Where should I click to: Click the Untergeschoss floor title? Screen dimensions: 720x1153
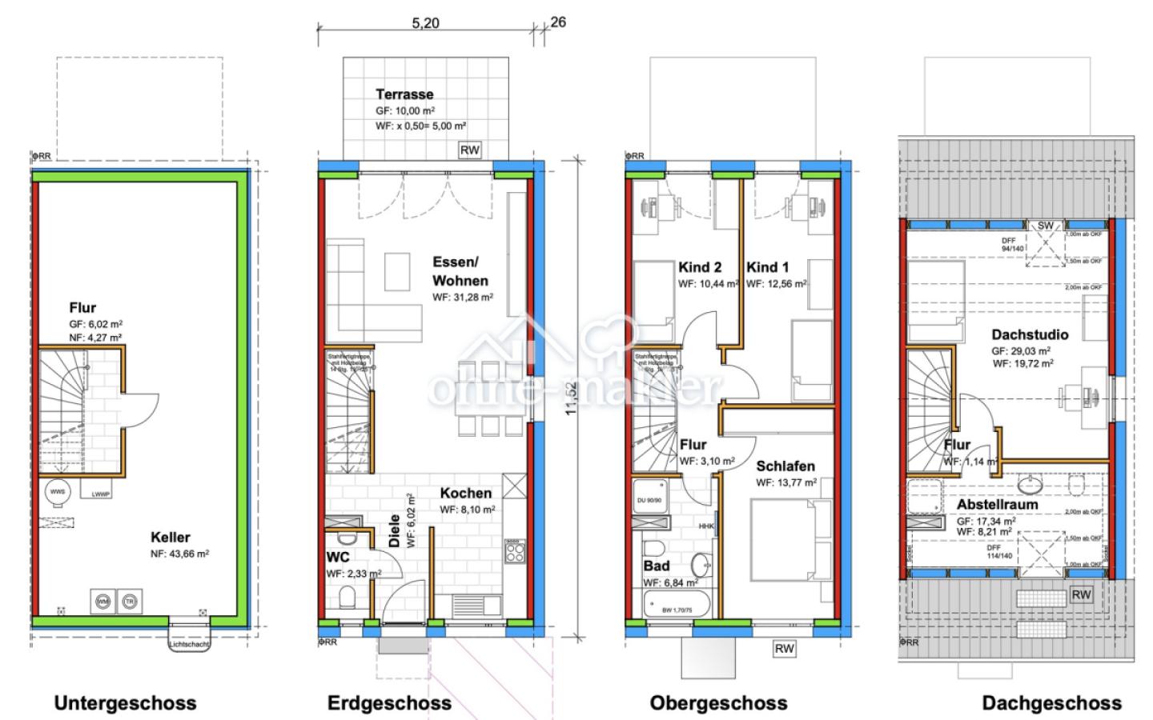[125, 703]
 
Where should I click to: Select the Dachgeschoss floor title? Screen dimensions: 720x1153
[1051, 703]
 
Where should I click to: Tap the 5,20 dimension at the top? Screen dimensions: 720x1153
[425, 23]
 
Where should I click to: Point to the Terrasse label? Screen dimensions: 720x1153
[404, 94]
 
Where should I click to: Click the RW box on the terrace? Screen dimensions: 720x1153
[469, 150]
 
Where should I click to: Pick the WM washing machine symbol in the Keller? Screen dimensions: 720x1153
[103, 601]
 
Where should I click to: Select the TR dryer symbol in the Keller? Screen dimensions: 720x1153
[129, 601]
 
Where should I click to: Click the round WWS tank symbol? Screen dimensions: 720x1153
[58, 491]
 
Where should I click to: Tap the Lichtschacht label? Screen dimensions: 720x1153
[189, 644]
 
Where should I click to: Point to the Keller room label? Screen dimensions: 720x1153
[170, 537]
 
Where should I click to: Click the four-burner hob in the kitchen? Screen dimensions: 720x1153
[515, 550]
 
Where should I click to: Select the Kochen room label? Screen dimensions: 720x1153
[465, 493]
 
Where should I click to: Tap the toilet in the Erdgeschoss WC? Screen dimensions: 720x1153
[348, 597]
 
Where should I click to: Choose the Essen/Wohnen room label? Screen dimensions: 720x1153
[460, 271]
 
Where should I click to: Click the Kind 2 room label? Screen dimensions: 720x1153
[700, 267]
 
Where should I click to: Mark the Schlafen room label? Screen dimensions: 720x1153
[785, 466]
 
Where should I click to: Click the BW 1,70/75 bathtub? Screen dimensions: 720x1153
[677, 608]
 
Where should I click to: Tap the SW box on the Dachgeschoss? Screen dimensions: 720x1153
[1046, 226]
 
